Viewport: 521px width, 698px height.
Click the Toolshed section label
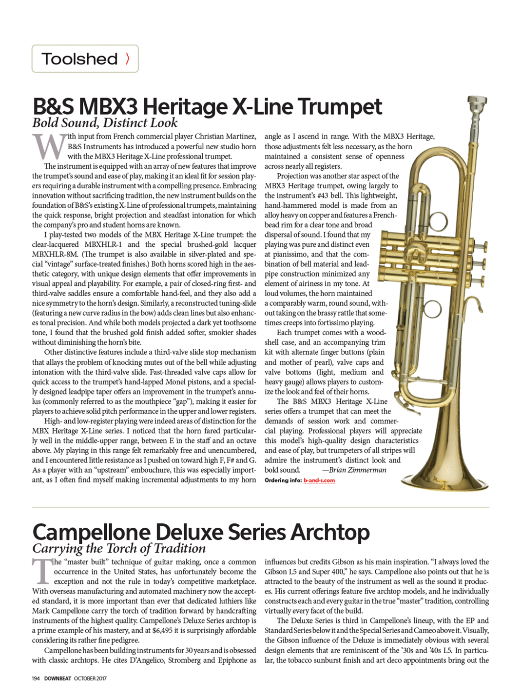[x=79, y=59]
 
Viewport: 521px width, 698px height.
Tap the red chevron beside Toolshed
[x=128, y=59]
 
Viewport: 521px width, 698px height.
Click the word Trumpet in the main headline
[x=340, y=106]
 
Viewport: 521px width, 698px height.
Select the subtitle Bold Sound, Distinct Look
[x=105, y=123]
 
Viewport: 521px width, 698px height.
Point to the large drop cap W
[x=49, y=146]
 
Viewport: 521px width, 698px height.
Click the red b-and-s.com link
[x=319, y=480]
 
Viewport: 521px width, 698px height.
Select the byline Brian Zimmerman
[x=357, y=470]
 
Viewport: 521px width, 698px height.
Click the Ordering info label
[x=283, y=480]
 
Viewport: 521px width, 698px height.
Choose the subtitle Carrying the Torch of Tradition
[x=119, y=548]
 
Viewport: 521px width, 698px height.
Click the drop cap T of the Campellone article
[x=41, y=571]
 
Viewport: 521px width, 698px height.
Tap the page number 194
[x=36, y=678]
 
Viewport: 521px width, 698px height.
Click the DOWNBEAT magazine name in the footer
[x=58, y=678]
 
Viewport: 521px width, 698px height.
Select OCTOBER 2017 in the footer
[x=90, y=678]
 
